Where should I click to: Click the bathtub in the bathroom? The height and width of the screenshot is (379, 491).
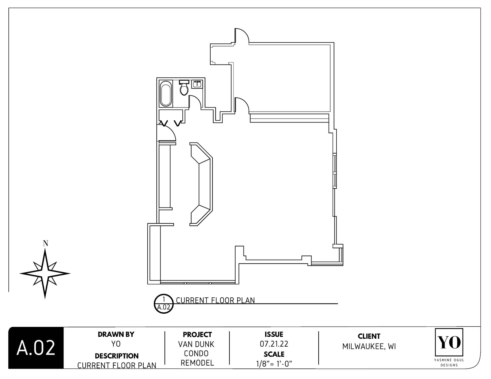(166, 93)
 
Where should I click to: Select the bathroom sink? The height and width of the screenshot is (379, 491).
(197, 84)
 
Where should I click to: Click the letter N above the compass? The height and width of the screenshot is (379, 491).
(45, 243)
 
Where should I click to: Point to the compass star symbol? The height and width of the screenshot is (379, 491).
(45, 273)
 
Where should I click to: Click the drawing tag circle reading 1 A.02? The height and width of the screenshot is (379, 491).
(164, 304)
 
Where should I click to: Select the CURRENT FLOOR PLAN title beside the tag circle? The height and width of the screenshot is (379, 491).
(215, 300)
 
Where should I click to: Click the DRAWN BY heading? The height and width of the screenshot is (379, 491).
(116, 334)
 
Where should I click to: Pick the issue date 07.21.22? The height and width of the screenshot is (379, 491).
(274, 344)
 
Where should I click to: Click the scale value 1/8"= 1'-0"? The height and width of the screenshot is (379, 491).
(274, 364)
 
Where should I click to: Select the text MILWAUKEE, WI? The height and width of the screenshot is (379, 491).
(369, 346)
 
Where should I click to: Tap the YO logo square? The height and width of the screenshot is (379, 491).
(449, 342)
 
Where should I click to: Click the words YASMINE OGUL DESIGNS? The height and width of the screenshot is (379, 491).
(449, 362)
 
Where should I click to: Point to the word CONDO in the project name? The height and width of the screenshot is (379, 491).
(196, 353)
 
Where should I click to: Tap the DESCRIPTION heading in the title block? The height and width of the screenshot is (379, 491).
(116, 356)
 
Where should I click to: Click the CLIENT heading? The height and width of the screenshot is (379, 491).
(369, 336)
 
